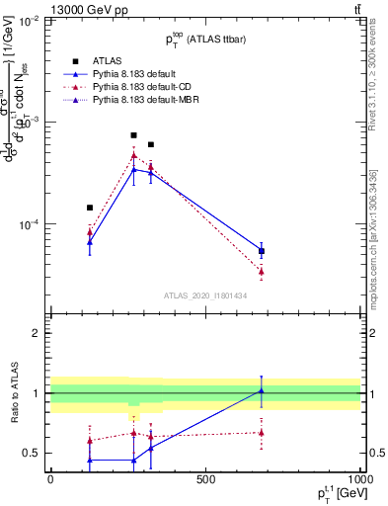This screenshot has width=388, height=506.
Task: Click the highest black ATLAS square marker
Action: point(133,135)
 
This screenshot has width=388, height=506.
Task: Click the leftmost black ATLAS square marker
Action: point(90,208)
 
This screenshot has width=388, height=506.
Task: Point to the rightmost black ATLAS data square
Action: point(262,251)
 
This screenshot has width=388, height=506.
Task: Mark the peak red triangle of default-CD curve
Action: point(133,155)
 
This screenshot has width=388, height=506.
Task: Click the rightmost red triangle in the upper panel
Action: point(262,271)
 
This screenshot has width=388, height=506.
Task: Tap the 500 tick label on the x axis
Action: point(205,480)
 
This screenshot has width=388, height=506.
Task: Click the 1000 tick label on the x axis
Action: point(359,480)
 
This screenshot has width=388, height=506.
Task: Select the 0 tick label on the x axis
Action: point(50,480)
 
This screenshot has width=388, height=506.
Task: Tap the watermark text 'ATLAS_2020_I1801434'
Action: point(205,295)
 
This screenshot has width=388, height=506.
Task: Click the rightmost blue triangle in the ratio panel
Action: point(262,391)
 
